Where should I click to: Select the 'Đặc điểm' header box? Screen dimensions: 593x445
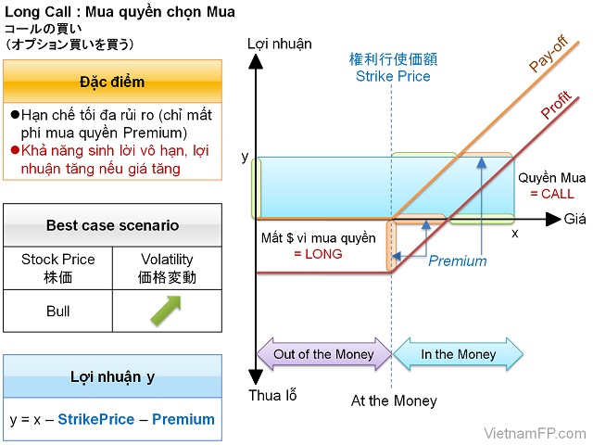[113, 82]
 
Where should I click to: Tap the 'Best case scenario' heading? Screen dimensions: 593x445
[113, 225]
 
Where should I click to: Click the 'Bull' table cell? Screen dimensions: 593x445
[57, 311]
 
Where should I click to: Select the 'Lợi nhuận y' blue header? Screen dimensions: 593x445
[113, 376]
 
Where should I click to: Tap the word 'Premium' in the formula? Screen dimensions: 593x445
[183, 419]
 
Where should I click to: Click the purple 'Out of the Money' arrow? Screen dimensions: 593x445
[323, 354]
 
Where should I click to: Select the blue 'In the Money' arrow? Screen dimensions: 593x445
[459, 354]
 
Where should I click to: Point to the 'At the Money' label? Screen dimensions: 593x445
[394, 401]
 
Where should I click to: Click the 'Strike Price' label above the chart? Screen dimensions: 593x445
[394, 76]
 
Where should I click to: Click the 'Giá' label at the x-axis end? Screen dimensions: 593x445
[575, 219]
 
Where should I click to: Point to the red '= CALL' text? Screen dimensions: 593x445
[552, 194]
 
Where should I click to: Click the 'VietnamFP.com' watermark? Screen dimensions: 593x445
[536, 433]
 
